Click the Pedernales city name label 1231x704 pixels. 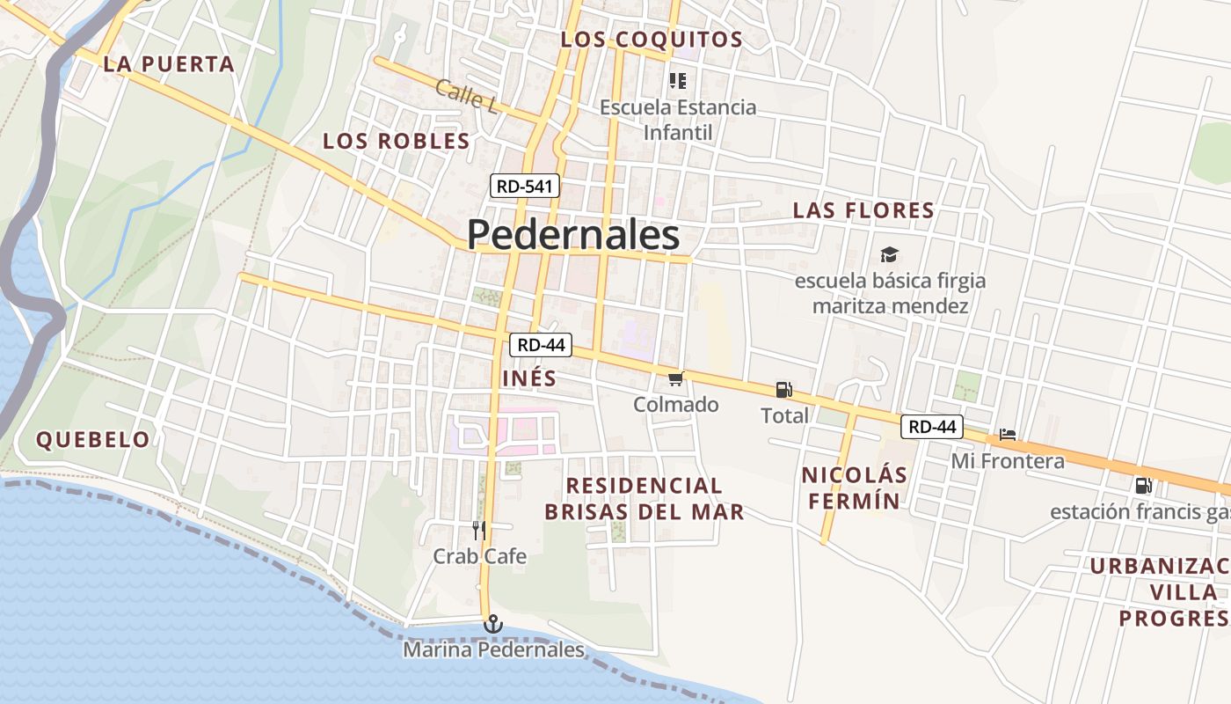coord(573,235)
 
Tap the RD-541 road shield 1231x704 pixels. coord(525,186)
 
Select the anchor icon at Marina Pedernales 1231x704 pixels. coord(493,625)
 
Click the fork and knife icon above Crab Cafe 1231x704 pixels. coord(479,530)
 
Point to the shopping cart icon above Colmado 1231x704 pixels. coord(675,379)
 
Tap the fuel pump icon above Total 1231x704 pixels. coord(783,390)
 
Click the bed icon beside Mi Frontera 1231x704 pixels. coord(1008,435)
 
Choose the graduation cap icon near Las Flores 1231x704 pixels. coord(890,255)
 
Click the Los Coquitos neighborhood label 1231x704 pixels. coord(652,40)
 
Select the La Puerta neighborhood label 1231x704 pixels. coord(169,64)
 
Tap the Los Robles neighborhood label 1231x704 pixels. coord(397,141)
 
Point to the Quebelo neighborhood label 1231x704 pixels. coord(93,440)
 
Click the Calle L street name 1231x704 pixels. coord(466,96)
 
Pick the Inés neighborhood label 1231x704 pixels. coord(529,378)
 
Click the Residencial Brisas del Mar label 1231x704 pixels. coord(645,498)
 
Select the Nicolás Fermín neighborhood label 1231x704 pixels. coord(853,488)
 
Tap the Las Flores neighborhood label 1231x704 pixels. coord(863,210)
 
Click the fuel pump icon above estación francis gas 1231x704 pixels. coord(1143,485)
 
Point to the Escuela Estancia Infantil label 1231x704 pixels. coord(678,120)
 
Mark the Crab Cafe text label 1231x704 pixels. coord(480,556)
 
